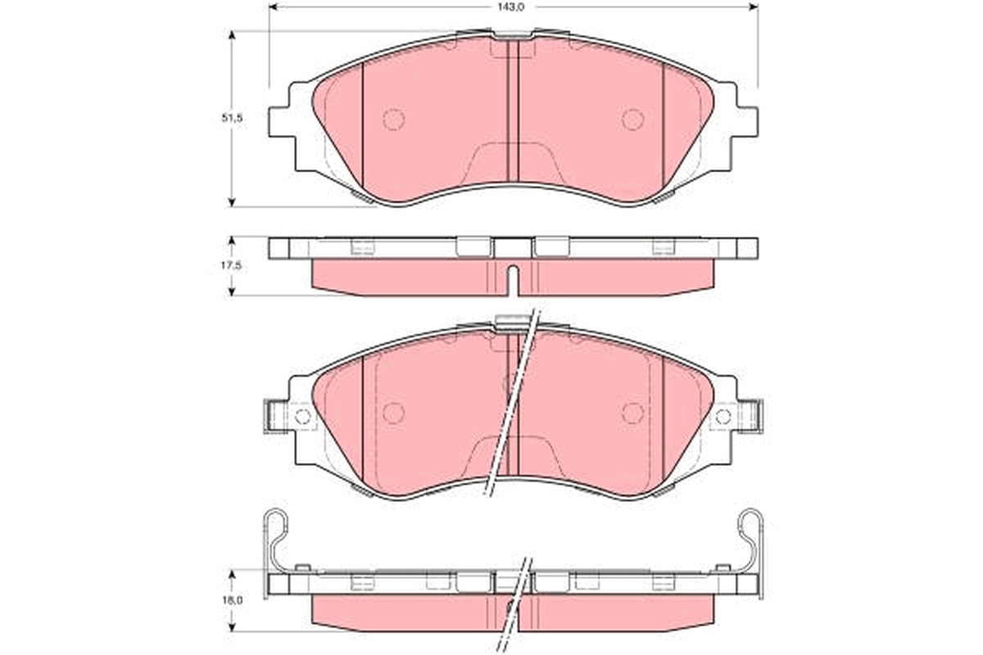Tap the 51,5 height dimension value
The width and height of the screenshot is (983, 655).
tap(232, 118)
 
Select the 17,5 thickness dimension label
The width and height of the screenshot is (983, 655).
tap(232, 265)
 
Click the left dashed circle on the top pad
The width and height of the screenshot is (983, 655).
tap(393, 120)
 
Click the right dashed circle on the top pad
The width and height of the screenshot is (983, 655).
tap(632, 120)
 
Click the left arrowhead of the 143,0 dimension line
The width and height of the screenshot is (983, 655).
tap(273, 7)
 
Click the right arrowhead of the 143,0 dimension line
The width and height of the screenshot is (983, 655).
tap(754, 7)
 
